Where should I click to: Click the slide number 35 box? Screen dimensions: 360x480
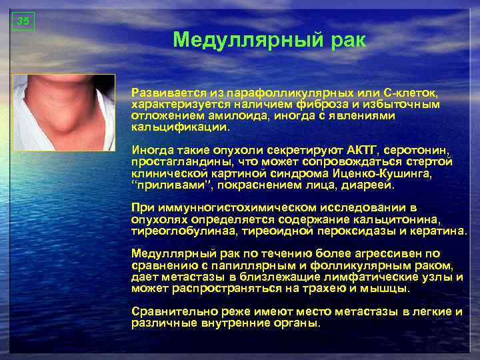click(23, 21)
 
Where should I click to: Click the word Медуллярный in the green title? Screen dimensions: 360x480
click(245, 41)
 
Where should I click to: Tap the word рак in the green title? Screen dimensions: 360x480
click(346, 41)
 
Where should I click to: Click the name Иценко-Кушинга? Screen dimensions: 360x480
click(385, 173)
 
